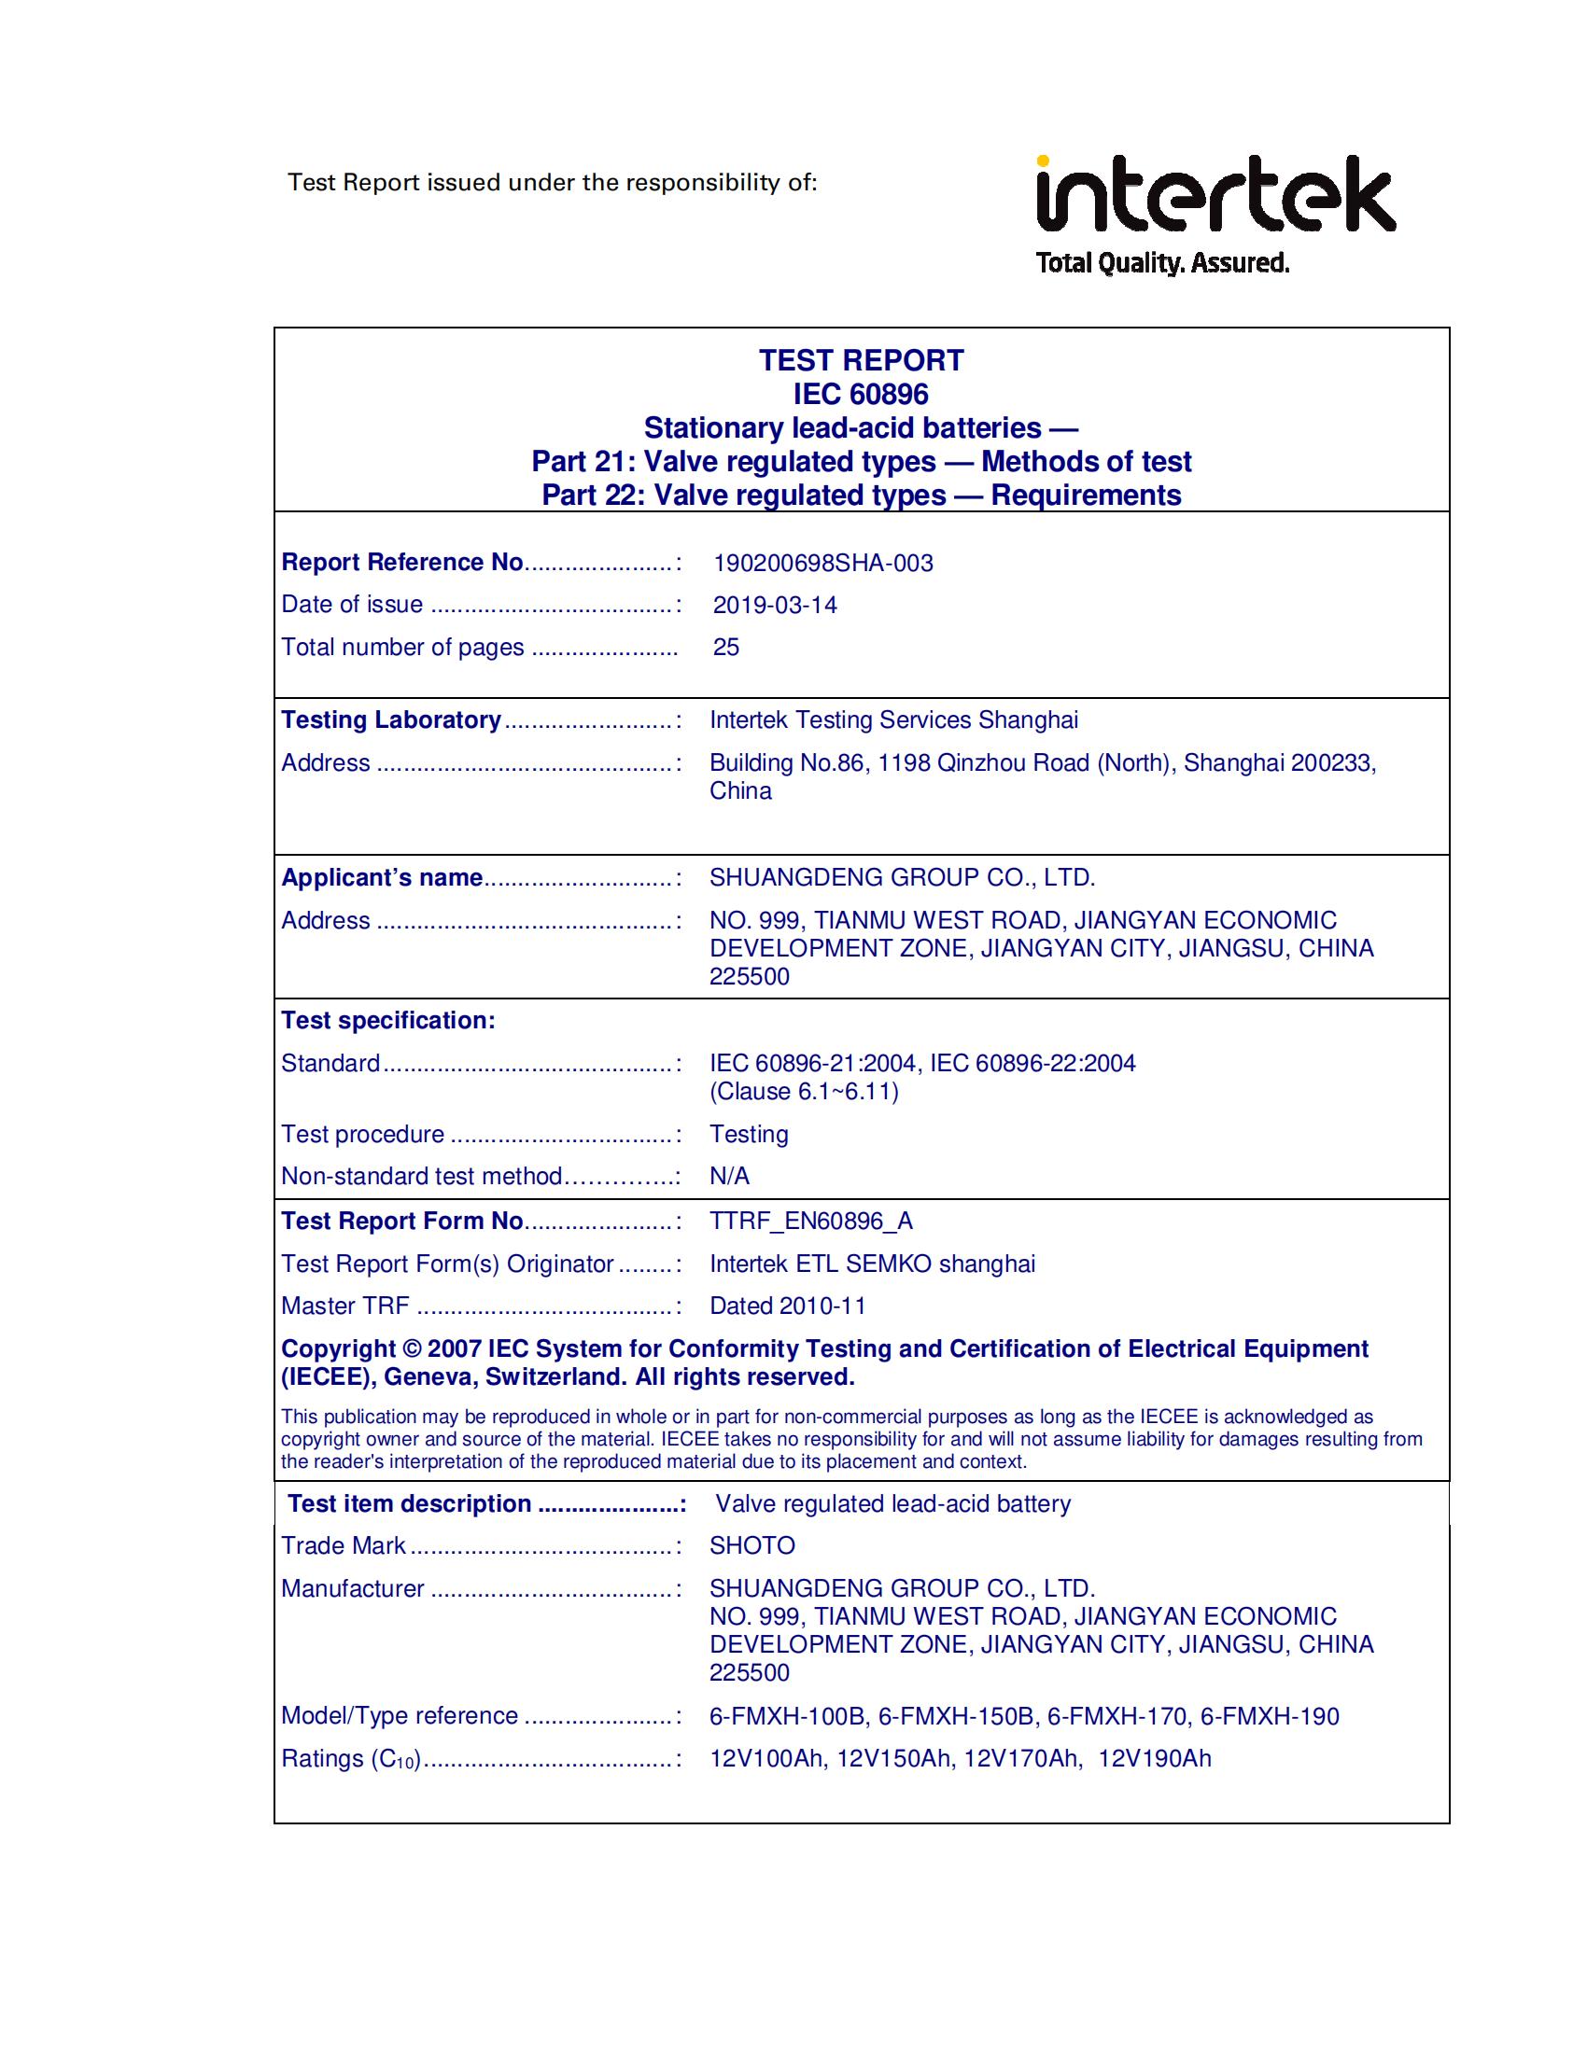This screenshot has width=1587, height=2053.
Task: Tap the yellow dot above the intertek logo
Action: [1044, 161]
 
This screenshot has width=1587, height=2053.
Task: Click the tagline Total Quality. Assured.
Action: [1162, 263]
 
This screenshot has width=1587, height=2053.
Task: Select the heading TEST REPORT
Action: [862, 361]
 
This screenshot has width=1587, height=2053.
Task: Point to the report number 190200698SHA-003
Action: [822, 563]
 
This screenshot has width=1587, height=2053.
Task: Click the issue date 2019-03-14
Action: [775, 605]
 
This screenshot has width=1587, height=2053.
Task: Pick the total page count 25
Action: [725, 647]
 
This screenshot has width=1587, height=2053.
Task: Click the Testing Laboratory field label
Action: [391, 720]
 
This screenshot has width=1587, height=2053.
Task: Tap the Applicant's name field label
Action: [382, 877]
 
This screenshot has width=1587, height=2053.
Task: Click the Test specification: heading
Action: [388, 1020]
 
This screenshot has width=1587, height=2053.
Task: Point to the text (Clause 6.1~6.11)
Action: [804, 1092]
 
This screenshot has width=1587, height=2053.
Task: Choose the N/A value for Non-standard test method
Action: [730, 1176]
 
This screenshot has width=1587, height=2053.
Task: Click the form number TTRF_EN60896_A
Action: [811, 1221]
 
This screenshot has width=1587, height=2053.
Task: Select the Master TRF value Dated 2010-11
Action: [788, 1306]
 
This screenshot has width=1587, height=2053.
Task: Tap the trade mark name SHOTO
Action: [752, 1545]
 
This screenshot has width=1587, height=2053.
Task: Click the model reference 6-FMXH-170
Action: [1117, 1715]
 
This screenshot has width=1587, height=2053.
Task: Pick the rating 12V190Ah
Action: [1155, 1758]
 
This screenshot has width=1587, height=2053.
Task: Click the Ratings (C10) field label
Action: [351, 1759]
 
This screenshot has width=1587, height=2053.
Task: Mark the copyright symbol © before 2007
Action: [412, 1349]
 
